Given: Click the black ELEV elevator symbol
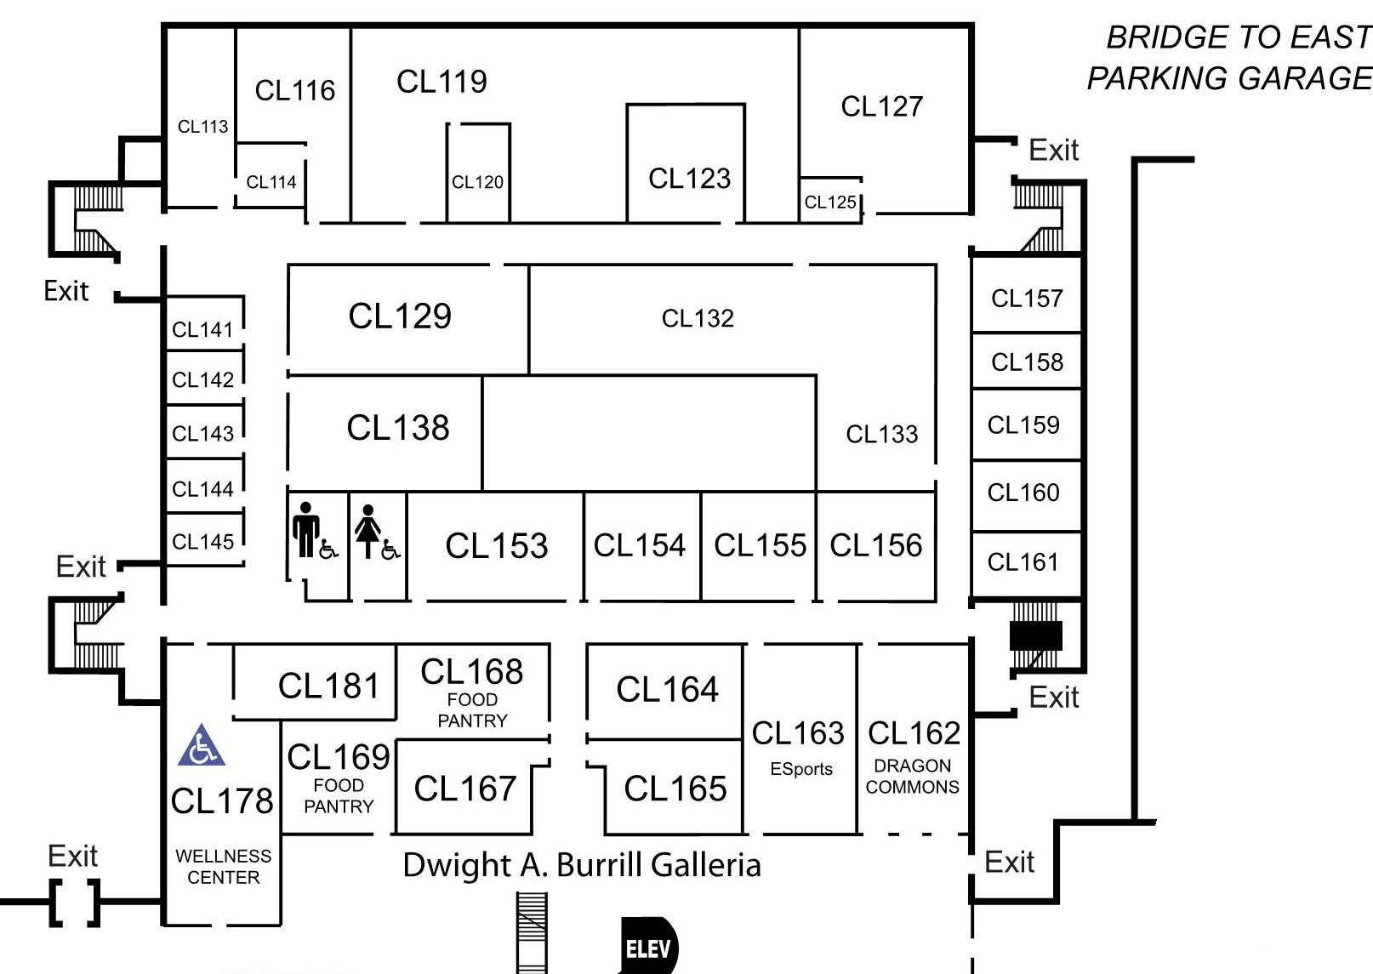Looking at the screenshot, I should pos(648,948).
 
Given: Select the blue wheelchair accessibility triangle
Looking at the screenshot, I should pos(202,746).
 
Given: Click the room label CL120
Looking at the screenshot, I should pos(477,182).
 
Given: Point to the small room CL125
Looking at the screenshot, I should pos(830,202).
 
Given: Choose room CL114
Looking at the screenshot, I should pos(271,182).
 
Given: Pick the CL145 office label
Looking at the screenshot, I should pos(202,542).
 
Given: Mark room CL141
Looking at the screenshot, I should pos(202,330).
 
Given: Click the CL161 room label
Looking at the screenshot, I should pos(1023,562).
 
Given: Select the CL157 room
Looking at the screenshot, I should pos(1027,299).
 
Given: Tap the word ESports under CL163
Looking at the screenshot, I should pos(801,769).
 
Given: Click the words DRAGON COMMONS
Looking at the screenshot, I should pos(912,776).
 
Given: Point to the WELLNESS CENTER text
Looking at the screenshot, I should pos(223,866).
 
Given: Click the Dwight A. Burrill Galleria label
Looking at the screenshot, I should pos(582,865).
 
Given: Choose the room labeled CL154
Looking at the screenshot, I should pos(640,545).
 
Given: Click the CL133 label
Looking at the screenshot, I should pos(881,435).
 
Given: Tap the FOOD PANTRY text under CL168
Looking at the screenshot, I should pos(472,710).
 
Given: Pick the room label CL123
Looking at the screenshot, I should pos(689,179).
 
